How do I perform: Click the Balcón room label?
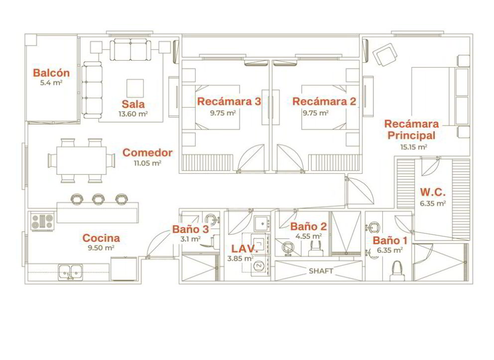[x=51, y=73]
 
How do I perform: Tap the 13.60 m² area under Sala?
[x=133, y=114]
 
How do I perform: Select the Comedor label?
[x=147, y=152]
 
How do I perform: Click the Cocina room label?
[x=101, y=238]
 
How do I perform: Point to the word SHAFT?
[x=321, y=271]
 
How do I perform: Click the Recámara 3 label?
[x=229, y=102]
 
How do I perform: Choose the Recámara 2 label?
[x=324, y=102]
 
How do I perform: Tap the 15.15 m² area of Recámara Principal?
[x=413, y=147]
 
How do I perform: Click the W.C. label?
[x=433, y=192]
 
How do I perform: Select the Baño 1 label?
[x=390, y=240]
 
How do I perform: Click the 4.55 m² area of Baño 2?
[x=308, y=236]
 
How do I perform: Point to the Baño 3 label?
[x=191, y=229]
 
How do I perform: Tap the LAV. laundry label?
[x=245, y=249]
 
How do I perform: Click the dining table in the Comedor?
[x=82, y=160]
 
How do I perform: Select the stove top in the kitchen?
[x=42, y=222]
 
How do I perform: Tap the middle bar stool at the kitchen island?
[x=98, y=199]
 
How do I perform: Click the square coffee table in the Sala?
[x=135, y=88]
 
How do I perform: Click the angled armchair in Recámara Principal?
[x=385, y=54]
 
